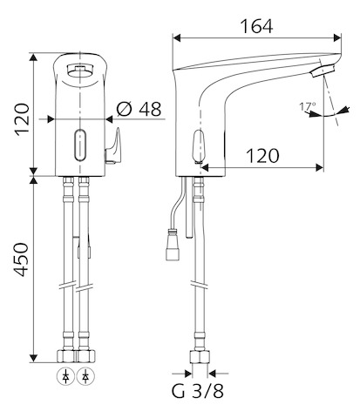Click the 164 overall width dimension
tap(256, 27)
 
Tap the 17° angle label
tap(308, 106)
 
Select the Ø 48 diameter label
tap(139, 109)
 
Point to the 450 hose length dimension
tap(22, 260)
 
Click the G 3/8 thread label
tap(198, 391)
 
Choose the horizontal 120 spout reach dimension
tap(262, 156)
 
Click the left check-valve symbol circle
tap(66, 377)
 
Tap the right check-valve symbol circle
tap(85, 377)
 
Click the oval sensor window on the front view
tap(80, 145)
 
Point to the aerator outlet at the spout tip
tap(323, 71)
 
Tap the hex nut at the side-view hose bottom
tap(200, 357)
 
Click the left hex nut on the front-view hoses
tap(66, 356)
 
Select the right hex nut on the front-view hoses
tap(85, 356)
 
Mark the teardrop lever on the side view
tap(198, 146)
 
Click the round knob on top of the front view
tap(79, 71)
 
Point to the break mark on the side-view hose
tap(200, 284)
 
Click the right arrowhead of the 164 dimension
tap(337, 37)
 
